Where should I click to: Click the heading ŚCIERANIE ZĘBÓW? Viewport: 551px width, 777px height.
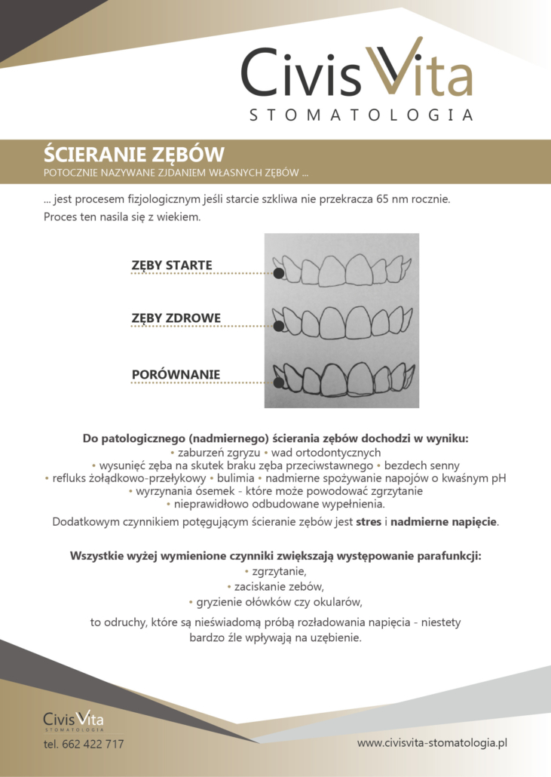click(x=133, y=155)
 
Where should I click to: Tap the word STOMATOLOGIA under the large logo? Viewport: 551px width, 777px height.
click(x=361, y=115)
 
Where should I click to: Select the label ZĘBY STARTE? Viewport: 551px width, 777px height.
click(x=172, y=265)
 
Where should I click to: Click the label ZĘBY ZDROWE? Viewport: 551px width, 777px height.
click(x=176, y=318)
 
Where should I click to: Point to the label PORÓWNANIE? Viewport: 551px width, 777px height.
click(x=176, y=374)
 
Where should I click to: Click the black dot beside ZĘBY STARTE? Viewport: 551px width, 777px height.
click(x=279, y=274)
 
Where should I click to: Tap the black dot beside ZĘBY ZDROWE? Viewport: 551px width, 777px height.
click(x=279, y=327)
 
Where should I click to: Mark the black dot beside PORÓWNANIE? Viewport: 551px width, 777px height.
click(x=279, y=382)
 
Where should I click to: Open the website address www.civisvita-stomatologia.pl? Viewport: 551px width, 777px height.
click(x=432, y=743)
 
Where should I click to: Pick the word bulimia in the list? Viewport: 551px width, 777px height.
click(x=234, y=478)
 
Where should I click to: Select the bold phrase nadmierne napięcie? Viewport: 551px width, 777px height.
click(x=444, y=521)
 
